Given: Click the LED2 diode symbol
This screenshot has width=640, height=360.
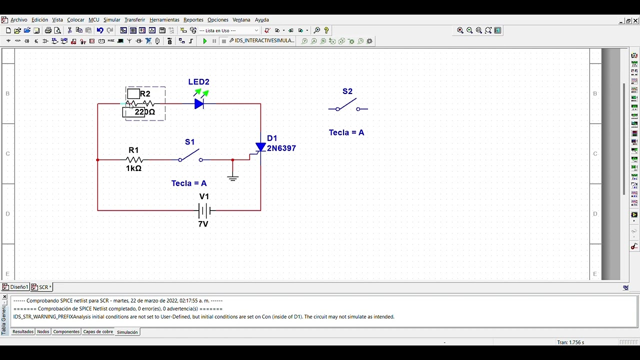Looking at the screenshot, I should [x=199, y=104].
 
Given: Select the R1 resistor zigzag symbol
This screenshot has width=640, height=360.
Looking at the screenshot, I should [x=134, y=160].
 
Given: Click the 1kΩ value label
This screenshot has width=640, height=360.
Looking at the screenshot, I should [x=133, y=169].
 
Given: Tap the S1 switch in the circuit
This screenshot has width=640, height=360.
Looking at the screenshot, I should [x=190, y=156].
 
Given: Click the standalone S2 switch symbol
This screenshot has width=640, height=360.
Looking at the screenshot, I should [x=347, y=106].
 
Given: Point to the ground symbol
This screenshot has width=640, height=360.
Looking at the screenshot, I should [x=232, y=177].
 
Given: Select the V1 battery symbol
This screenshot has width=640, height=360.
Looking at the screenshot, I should [x=204, y=210].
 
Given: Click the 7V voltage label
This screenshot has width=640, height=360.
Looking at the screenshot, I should [x=203, y=224].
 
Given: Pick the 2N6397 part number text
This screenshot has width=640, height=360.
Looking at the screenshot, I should [x=281, y=148].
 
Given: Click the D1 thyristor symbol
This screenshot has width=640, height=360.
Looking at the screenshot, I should [x=260, y=147].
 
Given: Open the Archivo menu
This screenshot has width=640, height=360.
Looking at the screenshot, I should [x=19, y=20].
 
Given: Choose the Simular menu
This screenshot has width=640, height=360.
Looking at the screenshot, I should [x=111, y=20].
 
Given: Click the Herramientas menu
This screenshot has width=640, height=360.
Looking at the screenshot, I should [x=164, y=20].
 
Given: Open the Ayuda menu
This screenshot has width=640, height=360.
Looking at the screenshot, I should [x=262, y=20].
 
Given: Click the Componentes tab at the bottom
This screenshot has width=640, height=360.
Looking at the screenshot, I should [x=66, y=332].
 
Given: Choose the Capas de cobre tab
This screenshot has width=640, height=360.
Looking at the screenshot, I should [x=98, y=332].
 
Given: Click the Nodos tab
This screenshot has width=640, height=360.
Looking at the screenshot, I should [x=43, y=332].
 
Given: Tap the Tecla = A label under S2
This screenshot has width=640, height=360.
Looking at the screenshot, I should [x=346, y=132].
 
